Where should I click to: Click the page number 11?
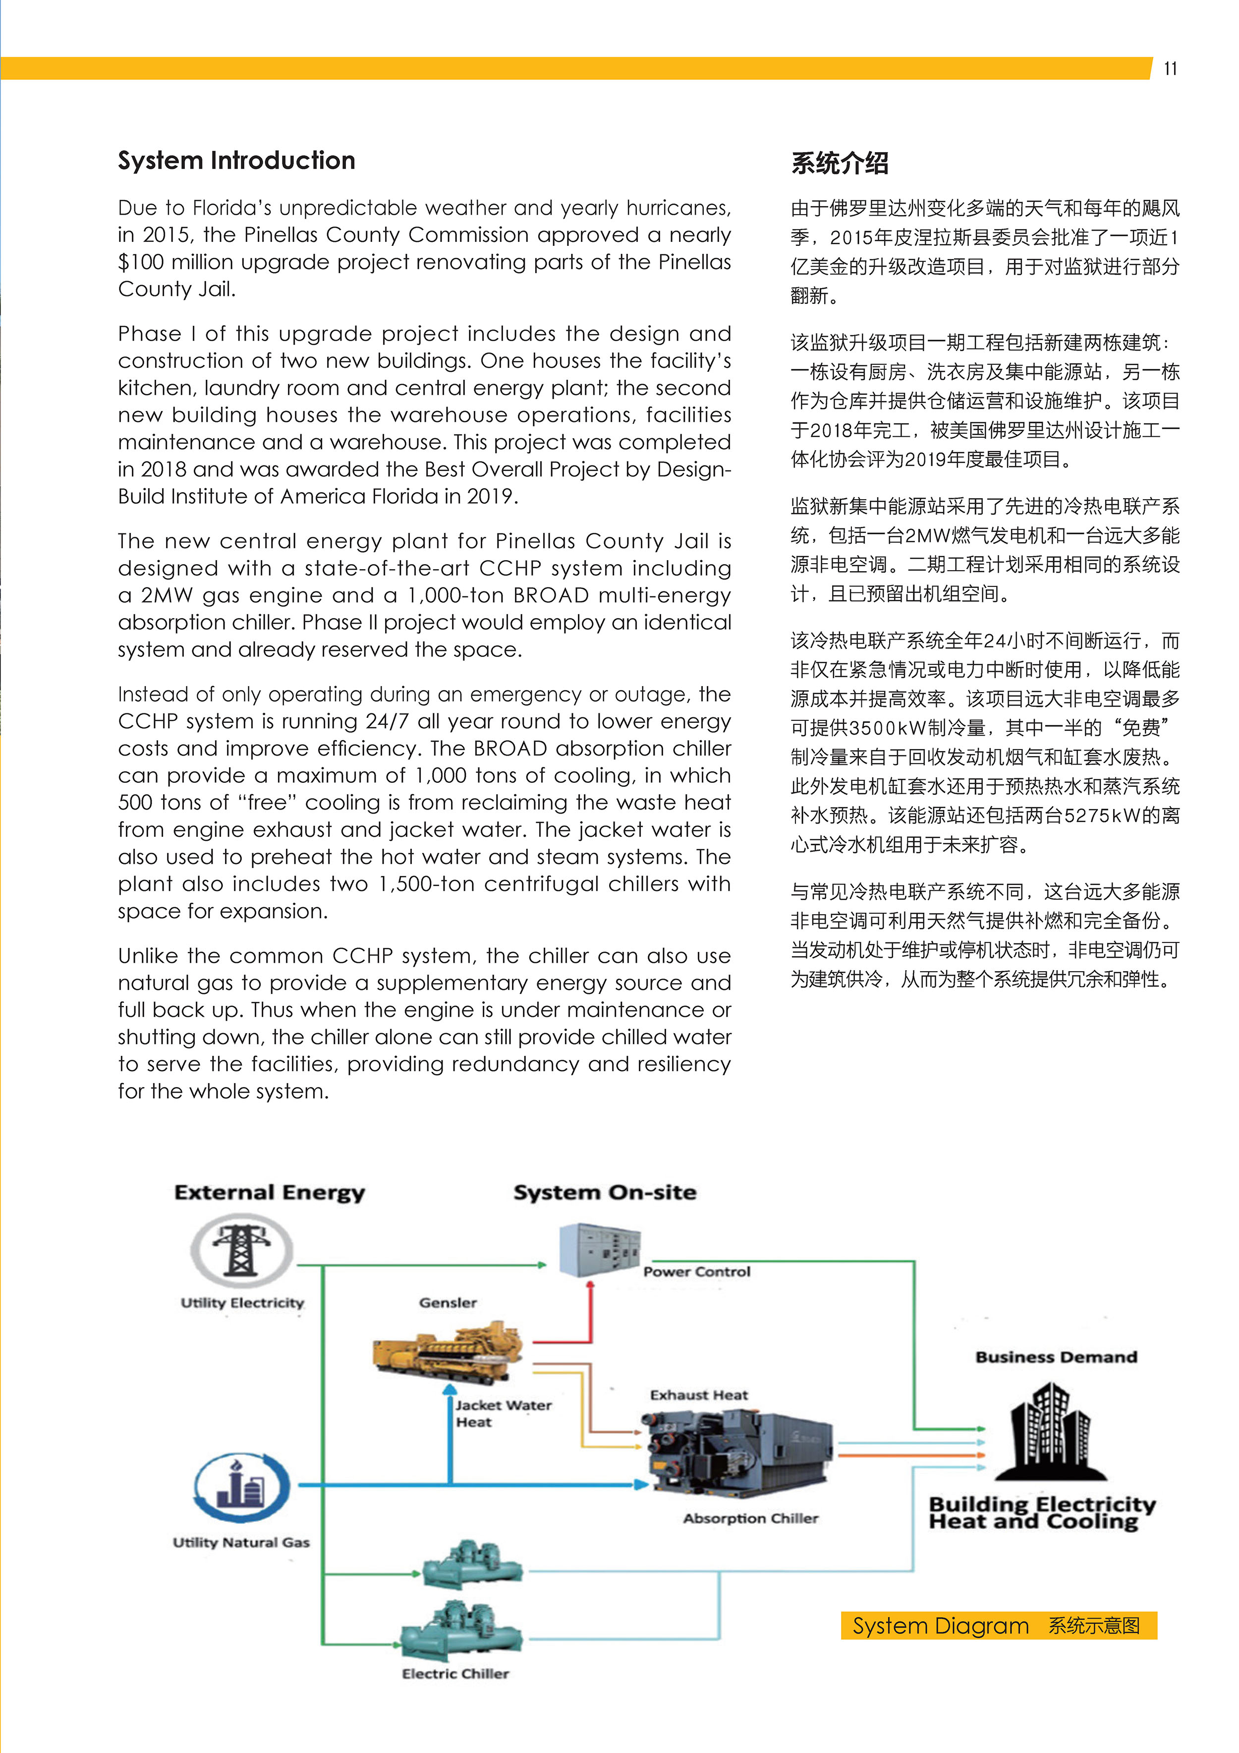(x=1170, y=69)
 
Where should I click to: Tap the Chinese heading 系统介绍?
(x=839, y=163)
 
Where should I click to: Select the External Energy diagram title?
(x=270, y=1193)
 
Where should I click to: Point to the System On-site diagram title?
(x=605, y=1193)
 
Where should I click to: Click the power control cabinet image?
(x=599, y=1250)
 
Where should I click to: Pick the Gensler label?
(x=448, y=1302)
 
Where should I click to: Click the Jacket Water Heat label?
(x=503, y=1413)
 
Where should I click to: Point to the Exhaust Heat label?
(x=698, y=1395)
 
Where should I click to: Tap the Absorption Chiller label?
(x=750, y=1519)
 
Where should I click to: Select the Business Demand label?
(x=1056, y=1357)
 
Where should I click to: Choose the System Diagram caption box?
(x=999, y=1626)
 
